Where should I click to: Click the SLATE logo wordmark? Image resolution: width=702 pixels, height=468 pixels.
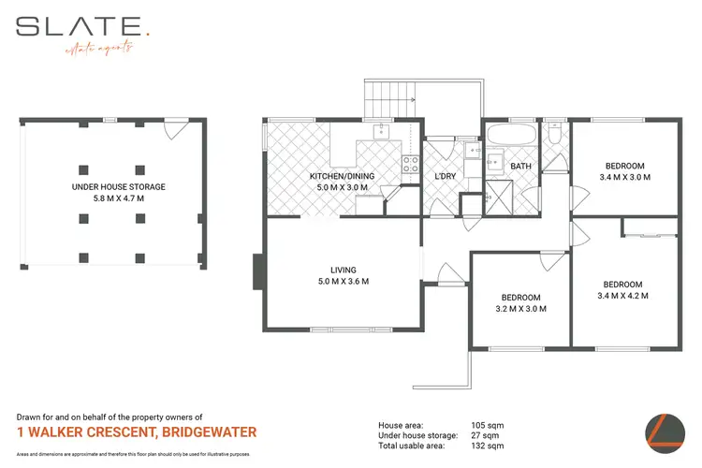click(79, 25)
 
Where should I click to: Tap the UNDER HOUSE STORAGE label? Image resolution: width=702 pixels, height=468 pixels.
click(118, 187)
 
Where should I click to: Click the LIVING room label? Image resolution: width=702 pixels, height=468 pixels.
click(344, 270)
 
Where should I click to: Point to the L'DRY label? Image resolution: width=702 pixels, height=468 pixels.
click(445, 178)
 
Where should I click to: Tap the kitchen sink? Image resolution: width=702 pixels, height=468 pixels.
click(381, 132)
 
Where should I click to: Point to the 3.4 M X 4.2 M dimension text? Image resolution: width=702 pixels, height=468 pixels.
click(622, 296)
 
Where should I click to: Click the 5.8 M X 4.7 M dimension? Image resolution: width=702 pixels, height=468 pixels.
click(118, 198)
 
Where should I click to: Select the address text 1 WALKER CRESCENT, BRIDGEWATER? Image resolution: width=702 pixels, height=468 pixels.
click(137, 432)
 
